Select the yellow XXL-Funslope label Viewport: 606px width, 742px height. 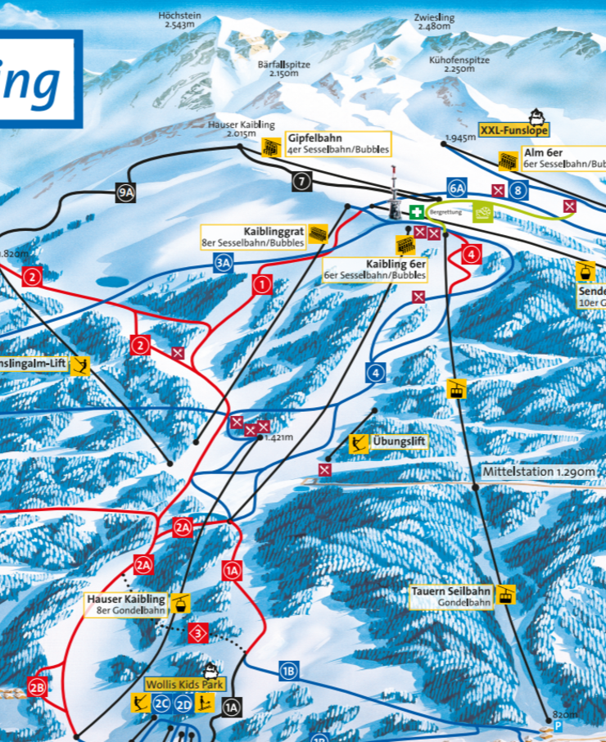pos(514,130)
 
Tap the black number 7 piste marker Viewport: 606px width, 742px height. pos(302,182)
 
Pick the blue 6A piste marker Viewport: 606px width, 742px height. pos(456,188)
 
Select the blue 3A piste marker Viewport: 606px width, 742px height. pos(224,262)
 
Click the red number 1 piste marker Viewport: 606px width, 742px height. pos(262,285)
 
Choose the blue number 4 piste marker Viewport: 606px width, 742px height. pos(376,373)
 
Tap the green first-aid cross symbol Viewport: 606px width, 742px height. pos(417,212)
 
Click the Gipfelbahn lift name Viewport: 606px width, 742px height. pos(314,139)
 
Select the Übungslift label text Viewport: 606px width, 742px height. pos(400,441)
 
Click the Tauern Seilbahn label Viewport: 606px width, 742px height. pos(452,591)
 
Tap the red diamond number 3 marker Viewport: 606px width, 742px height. pos(198,632)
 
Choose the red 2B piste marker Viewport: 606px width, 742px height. pos(37,687)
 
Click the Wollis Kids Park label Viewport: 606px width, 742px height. pos(174,684)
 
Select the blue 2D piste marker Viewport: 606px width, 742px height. pos(183,702)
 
